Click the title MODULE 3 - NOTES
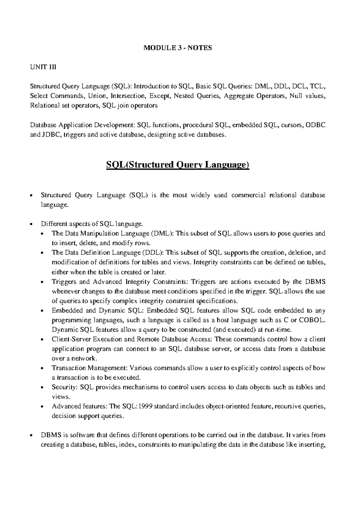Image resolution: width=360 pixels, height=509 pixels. pyautogui.click(x=178, y=48)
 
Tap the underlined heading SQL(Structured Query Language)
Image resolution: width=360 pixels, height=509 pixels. pyautogui.click(x=178, y=165)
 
